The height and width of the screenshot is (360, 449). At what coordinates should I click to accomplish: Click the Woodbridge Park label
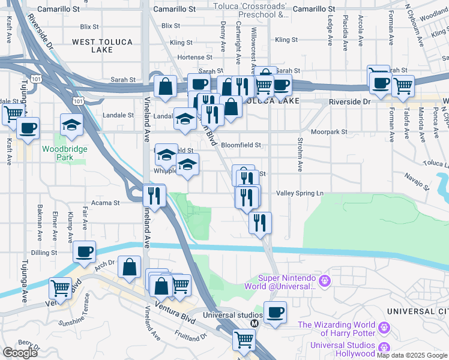(65, 153)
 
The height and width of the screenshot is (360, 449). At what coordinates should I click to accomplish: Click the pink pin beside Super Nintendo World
(325, 280)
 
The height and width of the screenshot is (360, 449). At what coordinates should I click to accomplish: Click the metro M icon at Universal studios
(255, 323)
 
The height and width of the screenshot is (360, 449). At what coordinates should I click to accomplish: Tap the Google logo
(20, 352)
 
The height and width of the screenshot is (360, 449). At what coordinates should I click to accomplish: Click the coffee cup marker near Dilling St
(85, 251)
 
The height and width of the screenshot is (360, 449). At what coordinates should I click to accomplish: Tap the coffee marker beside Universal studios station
(275, 312)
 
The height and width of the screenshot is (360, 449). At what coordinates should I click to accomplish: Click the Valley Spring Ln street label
(300, 193)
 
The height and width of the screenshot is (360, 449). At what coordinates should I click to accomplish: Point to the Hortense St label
(191, 57)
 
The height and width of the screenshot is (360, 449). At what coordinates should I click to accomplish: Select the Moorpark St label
(329, 131)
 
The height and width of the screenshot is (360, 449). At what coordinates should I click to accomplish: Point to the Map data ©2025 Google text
(412, 355)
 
